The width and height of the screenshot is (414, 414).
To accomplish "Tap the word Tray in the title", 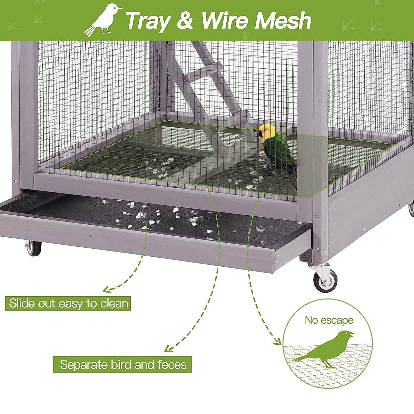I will pyautogui.click(x=148, y=21).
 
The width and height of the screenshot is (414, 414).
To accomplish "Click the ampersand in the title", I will pyautogui.click(x=185, y=21).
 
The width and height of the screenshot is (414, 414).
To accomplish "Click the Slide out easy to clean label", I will pyautogui.click(x=68, y=304).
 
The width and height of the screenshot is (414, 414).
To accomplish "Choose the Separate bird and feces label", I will pyautogui.click(x=122, y=365).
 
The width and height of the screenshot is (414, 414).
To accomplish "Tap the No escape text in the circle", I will pyautogui.click(x=329, y=320).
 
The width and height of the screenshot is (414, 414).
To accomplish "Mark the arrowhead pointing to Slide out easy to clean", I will pyautogui.click(x=108, y=289).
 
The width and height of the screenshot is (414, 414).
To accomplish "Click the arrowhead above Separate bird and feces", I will pyautogui.click(x=168, y=349).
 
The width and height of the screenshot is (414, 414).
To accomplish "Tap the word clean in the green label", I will pyautogui.click(x=114, y=304).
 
